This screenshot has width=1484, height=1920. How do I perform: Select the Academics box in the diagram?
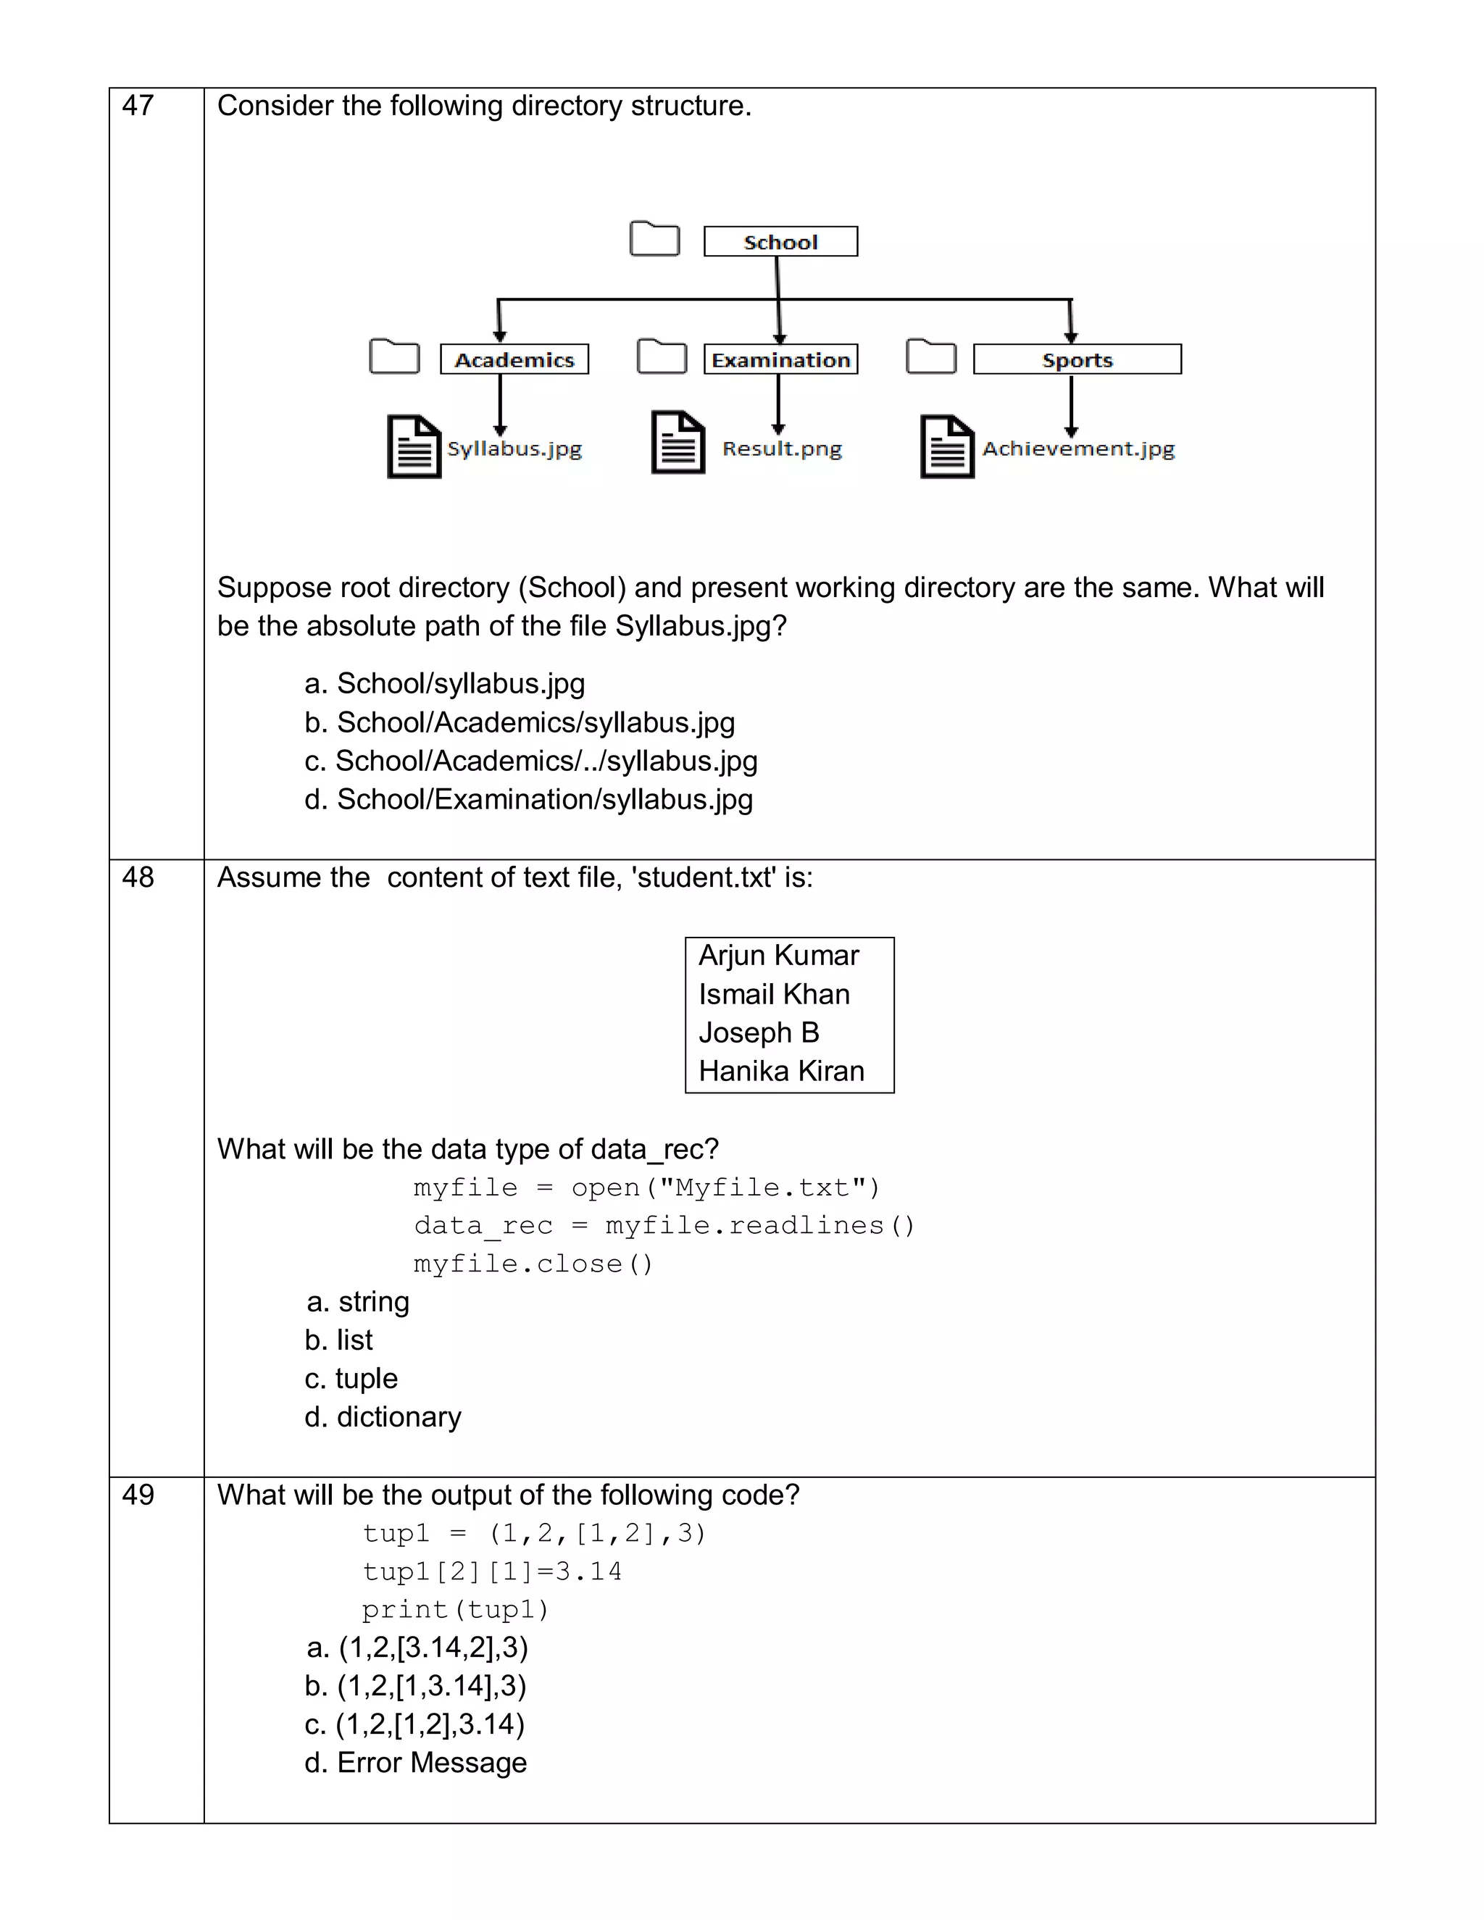pyautogui.click(x=514, y=359)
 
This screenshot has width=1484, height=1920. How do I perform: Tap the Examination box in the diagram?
pyautogui.click(x=780, y=359)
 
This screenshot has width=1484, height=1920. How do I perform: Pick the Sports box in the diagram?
pyautogui.click(x=1077, y=359)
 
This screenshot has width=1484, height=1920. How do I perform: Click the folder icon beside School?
pyautogui.click(x=655, y=238)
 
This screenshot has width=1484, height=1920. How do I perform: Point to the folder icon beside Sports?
pyautogui.click(x=931, y=356)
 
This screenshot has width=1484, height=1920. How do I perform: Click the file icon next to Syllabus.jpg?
pyautogui.click(x=414, y=446)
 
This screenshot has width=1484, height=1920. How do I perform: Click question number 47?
pyautogui.click(x=138, y=106)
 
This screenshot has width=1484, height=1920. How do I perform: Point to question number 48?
pyautogui.click(x=138, y=877)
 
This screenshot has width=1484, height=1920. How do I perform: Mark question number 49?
pyautogui.click(x=138, y=1495)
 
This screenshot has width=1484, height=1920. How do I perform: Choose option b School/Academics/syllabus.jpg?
pyautogui.click(x=520, y=722)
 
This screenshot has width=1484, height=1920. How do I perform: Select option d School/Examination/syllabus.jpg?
pyautogui.click(x=528, y=800)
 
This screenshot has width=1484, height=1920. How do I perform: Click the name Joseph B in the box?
pyautogui.click(x=759, y=1032)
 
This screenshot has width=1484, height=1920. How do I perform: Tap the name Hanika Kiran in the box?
pyautogui.click(x=782, y=1071)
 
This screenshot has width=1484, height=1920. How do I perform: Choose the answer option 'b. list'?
pyautogui.click(x=339, y=1340)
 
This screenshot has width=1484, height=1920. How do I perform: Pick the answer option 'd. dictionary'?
pyautogui.click(x=383, y=1417)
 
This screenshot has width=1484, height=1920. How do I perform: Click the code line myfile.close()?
pyautogui.click(x=533, y=1264)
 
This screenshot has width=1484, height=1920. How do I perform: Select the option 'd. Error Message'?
pyautogui.click(x=416, y=1763)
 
